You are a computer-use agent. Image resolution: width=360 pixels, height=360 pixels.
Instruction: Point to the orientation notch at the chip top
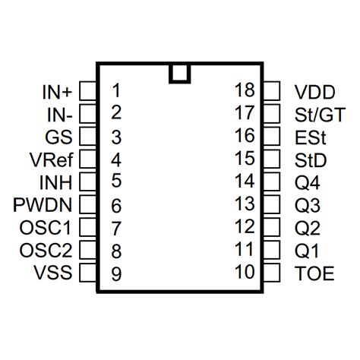180,72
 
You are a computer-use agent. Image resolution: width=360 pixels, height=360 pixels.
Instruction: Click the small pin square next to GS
88,137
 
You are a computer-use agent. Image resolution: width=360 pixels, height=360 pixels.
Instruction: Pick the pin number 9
115,274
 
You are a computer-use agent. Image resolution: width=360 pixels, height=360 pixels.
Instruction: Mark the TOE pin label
314,273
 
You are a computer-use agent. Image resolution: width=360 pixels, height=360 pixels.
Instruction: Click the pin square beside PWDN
88,206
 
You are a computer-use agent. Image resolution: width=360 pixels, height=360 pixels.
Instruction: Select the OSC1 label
46,229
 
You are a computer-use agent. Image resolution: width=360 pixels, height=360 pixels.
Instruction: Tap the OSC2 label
46,251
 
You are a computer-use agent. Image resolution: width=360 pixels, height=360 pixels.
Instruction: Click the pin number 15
245,159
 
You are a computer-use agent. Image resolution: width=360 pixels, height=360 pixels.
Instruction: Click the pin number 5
115,182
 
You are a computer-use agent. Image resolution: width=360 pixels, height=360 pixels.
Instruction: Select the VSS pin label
53,274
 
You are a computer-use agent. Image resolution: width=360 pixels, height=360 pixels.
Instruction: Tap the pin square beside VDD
271,92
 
